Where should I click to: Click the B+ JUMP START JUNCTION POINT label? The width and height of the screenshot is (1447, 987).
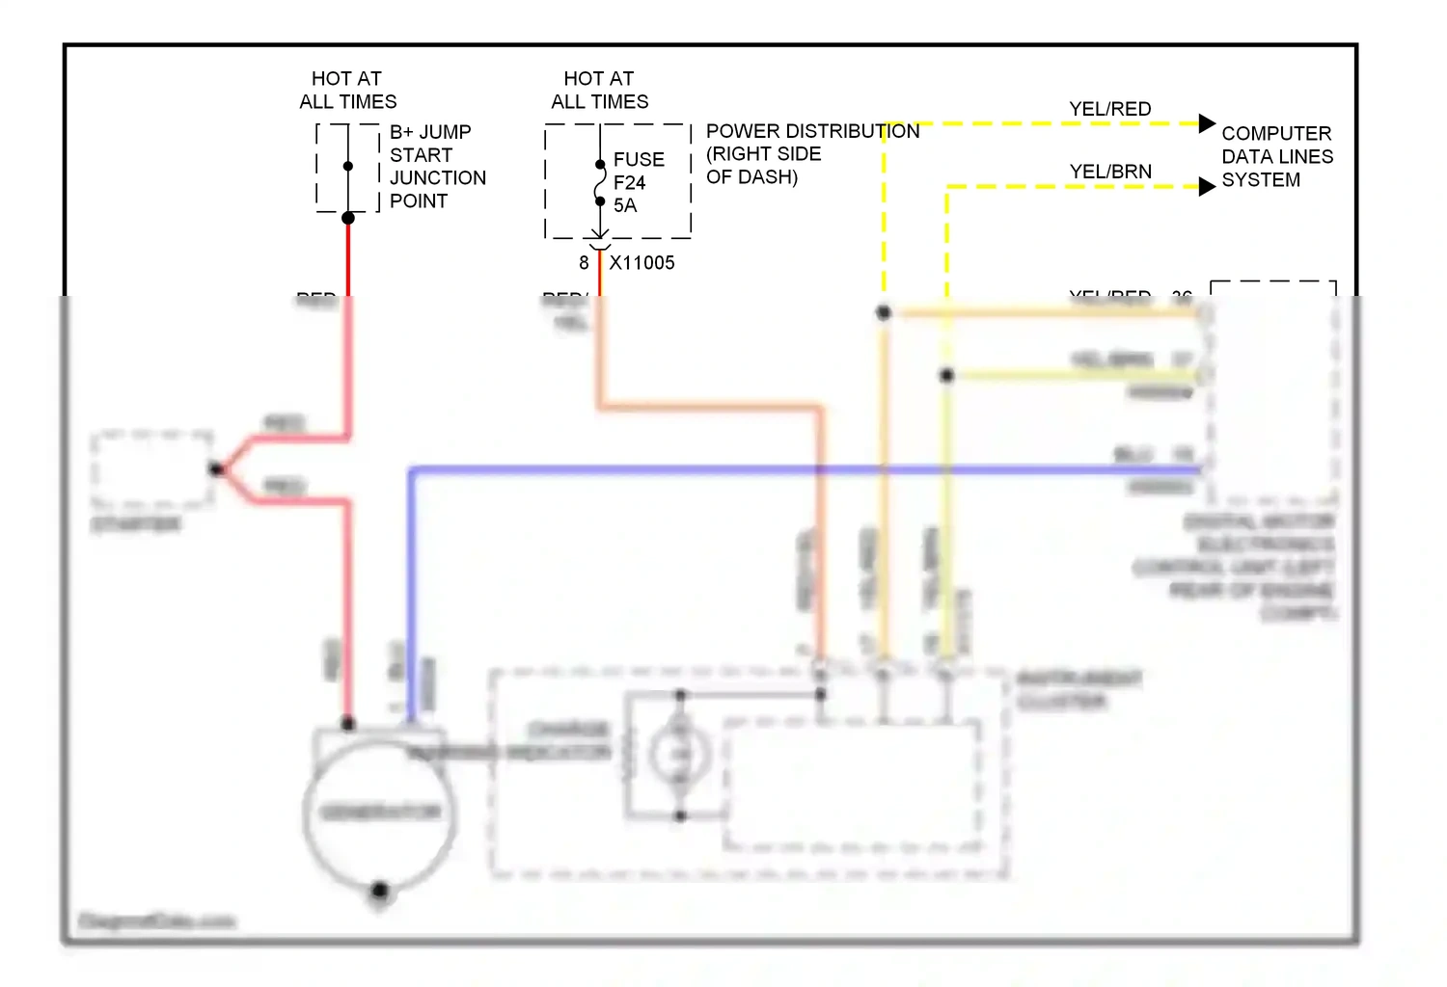pyautogui.click(x=437, y=166)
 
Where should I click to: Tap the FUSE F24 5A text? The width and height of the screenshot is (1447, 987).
pyautogui.click(x=638, y=182)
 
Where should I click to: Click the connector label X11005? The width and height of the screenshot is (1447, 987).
pyautogui.click(x=642, y=263)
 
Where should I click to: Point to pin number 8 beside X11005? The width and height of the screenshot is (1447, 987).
pyautogui.click(x=584, y=263)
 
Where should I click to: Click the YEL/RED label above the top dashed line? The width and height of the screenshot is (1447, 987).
pyautogui.click(x=1109, y=109)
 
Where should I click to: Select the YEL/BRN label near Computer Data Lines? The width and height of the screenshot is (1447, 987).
pyautogui.click(x=1109, y=172)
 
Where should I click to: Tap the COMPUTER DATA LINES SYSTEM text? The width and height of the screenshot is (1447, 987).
pyautogui.click(x=1276, y=156)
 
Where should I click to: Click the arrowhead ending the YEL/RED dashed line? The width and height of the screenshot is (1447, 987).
pyautogui.click(x=1207, y=123)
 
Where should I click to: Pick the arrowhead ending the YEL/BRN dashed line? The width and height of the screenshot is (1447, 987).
pyautogui.click(x=1207, y=186)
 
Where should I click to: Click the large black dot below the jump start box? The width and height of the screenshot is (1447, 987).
pyautogui.click(x=348, y=218)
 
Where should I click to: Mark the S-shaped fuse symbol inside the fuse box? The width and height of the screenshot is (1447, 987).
pyautogui.click(x=599, y=183)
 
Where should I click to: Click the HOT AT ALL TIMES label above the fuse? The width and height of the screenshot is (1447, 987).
pyautogui.click(x=599, y=90)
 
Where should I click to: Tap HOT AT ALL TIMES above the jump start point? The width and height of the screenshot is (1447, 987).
pyautogui.click(x=347, y=90)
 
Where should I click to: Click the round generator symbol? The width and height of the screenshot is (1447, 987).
pyautogui.click(x=379, y=813)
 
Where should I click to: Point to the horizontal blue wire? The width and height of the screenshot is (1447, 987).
pyautogui.click(x=772, y=470)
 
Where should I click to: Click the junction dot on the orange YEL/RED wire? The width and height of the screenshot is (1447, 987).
pyautogui.click(x=883, y=312)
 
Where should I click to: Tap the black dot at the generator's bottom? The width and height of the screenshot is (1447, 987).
pyautogui.click(x=379, y=890)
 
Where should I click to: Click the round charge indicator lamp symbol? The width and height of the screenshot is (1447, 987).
pyautogui.click(x=679, y=754)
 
